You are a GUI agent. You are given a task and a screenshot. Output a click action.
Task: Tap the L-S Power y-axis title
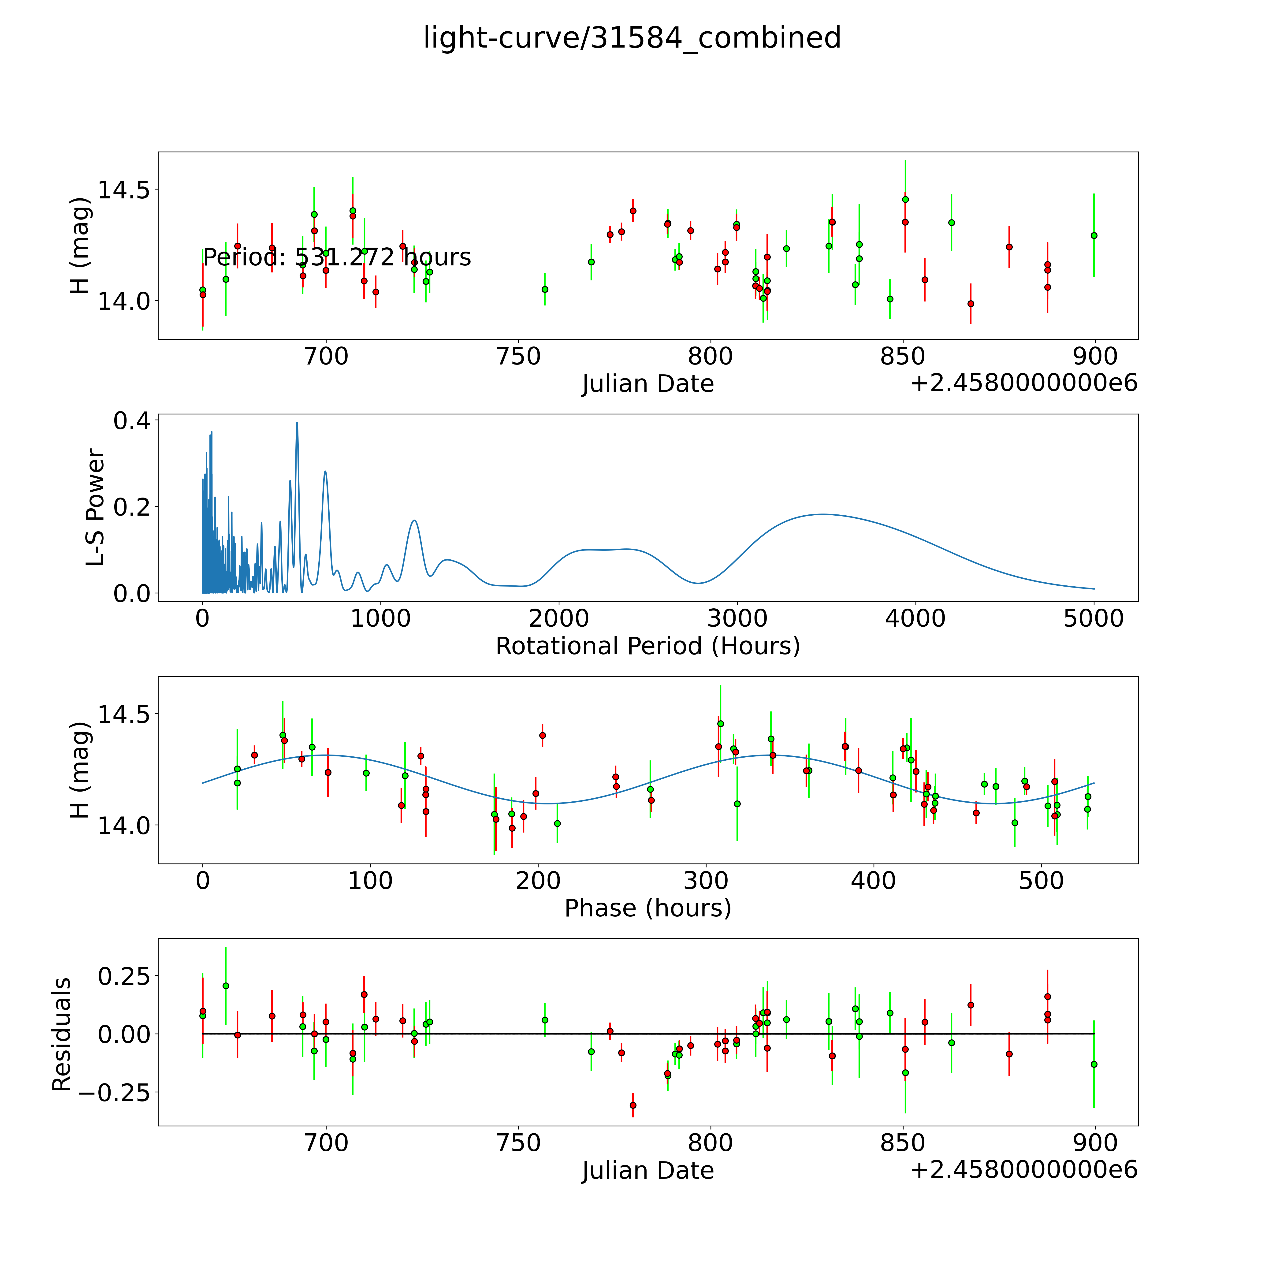96,507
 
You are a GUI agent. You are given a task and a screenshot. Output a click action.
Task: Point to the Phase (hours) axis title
647,908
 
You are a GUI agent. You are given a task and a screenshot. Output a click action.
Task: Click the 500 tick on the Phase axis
1041,881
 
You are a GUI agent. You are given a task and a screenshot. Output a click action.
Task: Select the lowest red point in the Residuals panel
632,1105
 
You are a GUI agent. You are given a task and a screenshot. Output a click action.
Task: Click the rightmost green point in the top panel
1094,235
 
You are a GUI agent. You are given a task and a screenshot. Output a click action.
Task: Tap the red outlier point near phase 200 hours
542,735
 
